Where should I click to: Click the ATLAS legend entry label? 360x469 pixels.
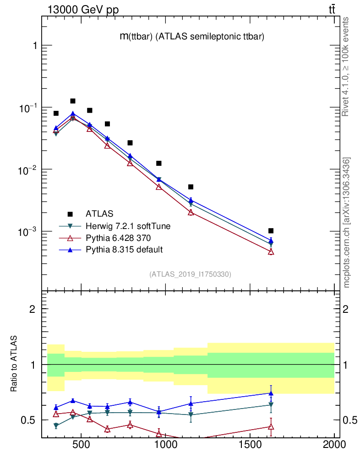point(99,213)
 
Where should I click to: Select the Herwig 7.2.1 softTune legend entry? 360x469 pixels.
point(125,226)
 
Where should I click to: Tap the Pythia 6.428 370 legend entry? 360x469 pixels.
point(118,238)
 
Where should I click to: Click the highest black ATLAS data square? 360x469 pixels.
point(73,101)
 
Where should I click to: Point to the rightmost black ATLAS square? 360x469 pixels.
point(271,230)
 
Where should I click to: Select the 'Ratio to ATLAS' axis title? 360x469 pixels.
point(15,364)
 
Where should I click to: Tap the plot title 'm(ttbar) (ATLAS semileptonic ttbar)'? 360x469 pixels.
point(191,37)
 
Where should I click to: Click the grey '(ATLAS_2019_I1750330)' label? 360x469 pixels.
point(190,274)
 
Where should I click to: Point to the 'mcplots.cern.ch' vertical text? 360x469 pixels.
point(347,222)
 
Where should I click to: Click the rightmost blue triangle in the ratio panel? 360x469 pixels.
point(271,393)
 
